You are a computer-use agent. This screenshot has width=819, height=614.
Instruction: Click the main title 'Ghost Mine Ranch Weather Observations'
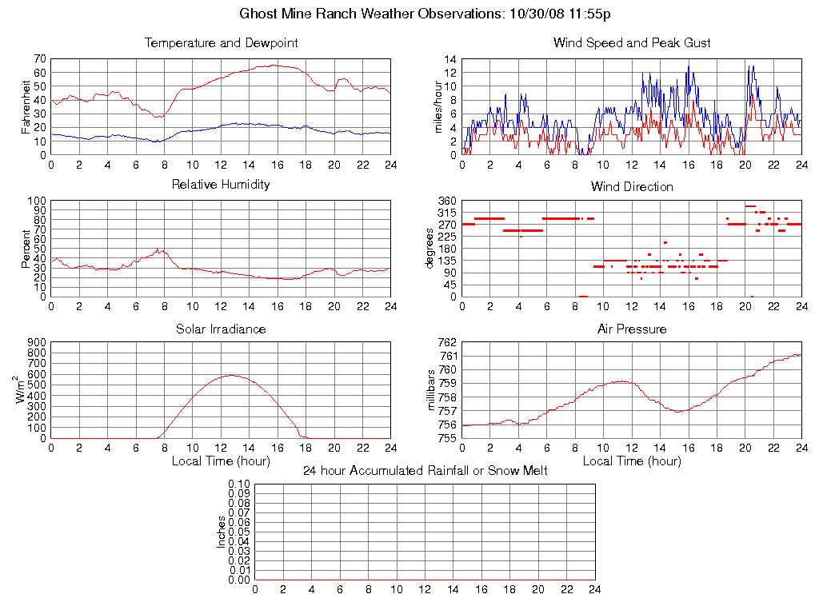(x=425, y=14)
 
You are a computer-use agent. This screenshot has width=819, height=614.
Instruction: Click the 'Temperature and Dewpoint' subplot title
(x=221, y=43)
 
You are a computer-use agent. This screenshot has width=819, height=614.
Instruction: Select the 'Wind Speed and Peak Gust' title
(x=632, y=43)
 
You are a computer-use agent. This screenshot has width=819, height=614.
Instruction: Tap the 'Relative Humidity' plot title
(x=221, y=185)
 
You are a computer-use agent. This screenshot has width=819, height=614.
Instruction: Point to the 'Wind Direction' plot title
(x=632, y=187)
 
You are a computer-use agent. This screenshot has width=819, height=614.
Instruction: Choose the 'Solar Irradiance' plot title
(x=221, y=329)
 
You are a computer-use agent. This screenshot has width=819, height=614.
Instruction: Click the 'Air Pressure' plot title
(x=632, y=329)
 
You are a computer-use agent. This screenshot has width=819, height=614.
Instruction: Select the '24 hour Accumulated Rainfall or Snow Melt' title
(x=425, y=471)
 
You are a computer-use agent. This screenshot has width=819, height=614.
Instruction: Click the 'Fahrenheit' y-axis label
(x=26, y=106)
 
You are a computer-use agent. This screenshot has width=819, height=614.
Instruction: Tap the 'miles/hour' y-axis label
(x=437, y=106)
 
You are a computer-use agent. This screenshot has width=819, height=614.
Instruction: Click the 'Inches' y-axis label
(x=222, y=532)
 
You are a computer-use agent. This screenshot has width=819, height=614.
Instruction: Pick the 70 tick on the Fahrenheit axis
(x=39, y=59)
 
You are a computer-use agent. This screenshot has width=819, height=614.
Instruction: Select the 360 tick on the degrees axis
(x=446, y=201)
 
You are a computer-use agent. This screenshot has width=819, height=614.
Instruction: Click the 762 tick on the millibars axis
(x=446, y=343)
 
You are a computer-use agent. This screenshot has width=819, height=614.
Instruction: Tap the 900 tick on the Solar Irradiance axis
(x=36, y=343)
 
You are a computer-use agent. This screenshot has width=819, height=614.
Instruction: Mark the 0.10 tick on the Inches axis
(x=239, y=484)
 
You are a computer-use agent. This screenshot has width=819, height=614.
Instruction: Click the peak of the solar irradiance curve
(x=232, y=375)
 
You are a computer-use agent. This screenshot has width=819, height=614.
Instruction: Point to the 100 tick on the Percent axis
(x=36, y=201)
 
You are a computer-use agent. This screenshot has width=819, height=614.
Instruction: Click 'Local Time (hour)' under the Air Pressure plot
(x=632, y=461)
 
